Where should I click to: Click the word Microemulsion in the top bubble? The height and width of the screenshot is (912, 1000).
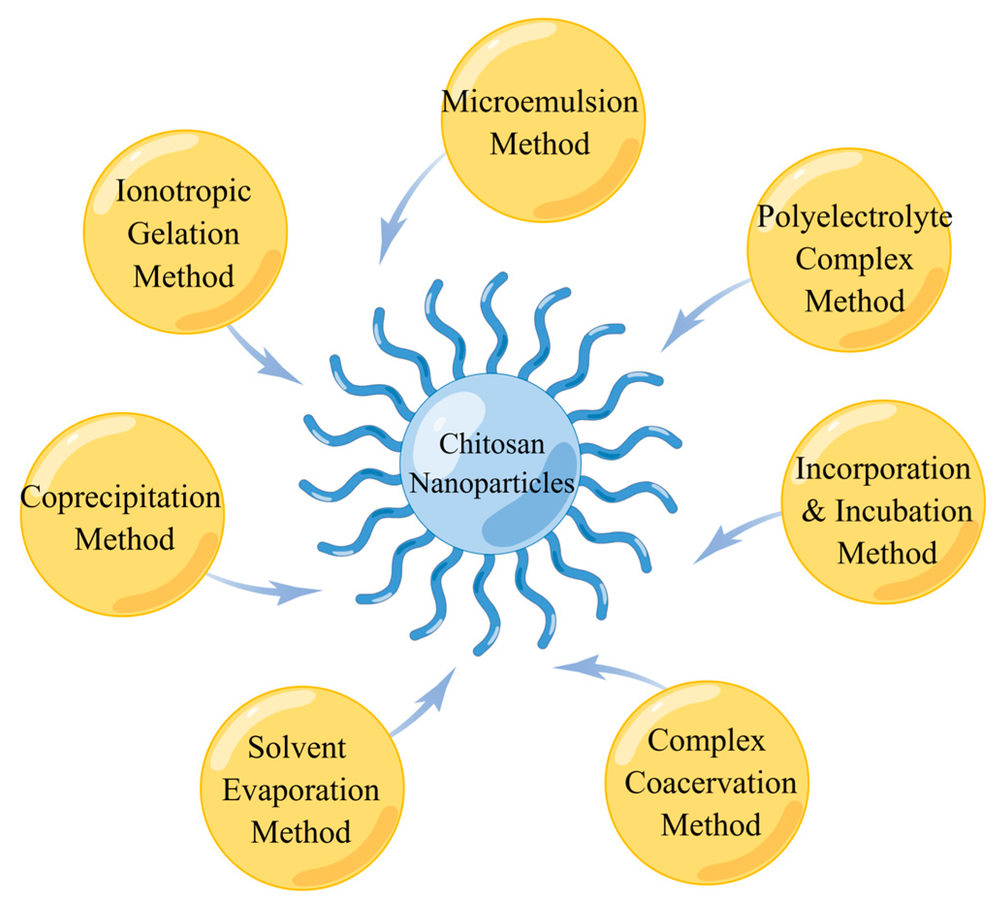pyautogui.click(x=540, y=102)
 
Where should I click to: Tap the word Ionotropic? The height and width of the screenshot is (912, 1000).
pyautogui.click(x=183, y=191)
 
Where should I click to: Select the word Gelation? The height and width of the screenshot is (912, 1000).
pyautogui.click(x=183, y=233)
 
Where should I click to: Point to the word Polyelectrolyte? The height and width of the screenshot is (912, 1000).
pyautogui.click(x=854, y=216)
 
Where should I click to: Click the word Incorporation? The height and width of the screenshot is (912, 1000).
pyautogui.click(x=883, y=468)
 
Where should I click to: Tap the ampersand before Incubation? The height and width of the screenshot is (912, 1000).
pyautogui.click(x=813, y=511)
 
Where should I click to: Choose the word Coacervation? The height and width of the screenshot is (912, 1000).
pyautogui.click(x=710, y=783)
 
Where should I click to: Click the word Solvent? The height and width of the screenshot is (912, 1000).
pyautogui.click(x=297, y=747)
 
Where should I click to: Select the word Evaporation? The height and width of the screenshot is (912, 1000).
pyautogui.click(x=300, y=790)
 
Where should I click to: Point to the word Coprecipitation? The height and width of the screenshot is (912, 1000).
pyautogui.click(x=121, y=497)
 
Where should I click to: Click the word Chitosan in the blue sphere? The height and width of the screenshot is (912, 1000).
pyautogui.click(x=492, y=444)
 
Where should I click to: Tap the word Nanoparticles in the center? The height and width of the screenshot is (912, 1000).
pyautogui.click(x=492, y=483)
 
